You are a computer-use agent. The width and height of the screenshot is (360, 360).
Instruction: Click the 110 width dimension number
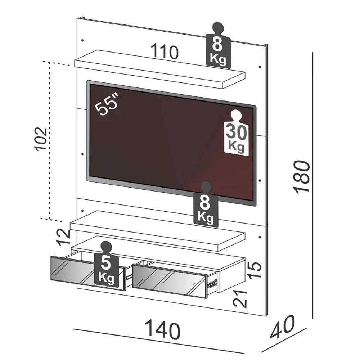click(164, 52)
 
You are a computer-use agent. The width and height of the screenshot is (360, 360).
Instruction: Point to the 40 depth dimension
click(283, 327)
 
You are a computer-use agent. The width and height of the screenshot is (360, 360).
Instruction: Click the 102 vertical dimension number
click(40, 139)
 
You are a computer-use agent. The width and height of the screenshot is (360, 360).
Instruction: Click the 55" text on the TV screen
click(107, 105)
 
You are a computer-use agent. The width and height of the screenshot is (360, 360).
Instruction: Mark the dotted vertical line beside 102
click(50, 140)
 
